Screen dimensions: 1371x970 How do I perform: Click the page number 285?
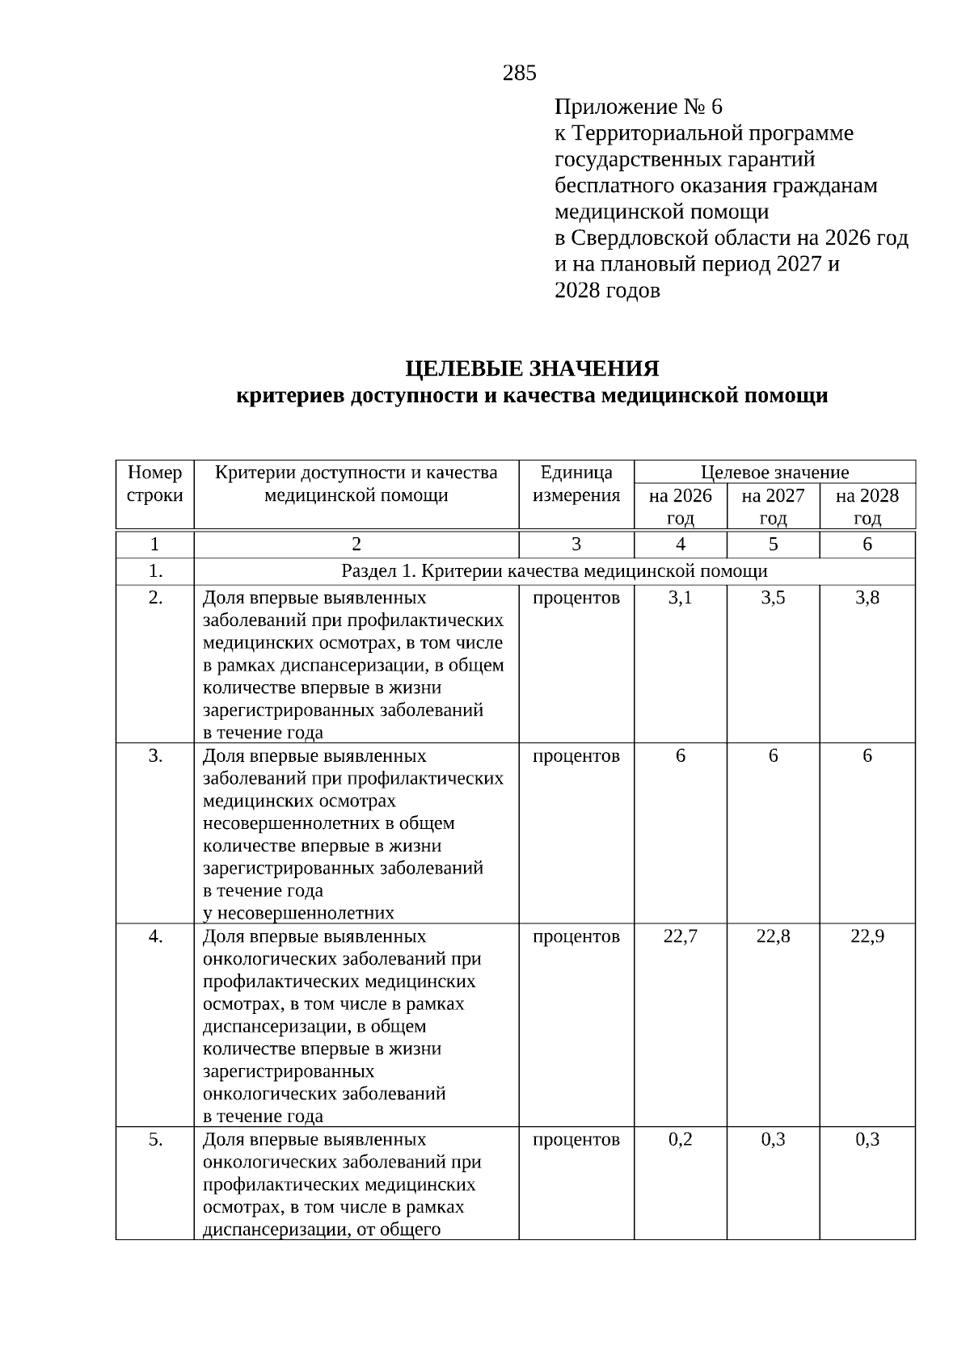pos(519,74)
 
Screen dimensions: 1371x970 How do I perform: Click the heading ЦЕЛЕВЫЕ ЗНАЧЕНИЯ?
pos(532,369)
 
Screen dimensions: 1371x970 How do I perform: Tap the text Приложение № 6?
pos(638,107)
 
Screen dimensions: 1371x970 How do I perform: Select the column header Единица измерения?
pos(576,484)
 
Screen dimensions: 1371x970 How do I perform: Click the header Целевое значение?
pos(774,473)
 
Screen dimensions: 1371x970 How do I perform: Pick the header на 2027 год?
pos(773,507)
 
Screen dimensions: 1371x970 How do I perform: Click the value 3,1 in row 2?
pos(680,599)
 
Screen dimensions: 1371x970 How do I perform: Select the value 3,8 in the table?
pos(867,599)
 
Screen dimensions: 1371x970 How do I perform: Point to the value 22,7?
pos(680,936)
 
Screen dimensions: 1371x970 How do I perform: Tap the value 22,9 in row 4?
pos(867,936)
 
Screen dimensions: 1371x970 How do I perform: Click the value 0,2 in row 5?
pos(680,1139)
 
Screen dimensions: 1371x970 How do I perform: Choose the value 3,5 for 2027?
pos(773,599)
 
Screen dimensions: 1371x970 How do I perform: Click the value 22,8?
pos(773,936)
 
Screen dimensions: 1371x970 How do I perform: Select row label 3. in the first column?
pos(155,756)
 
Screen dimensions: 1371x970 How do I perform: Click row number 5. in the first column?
pos(155,1139)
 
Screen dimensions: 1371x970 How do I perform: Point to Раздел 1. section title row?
pos(555,571)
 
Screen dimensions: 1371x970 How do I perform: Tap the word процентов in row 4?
pos(576,936)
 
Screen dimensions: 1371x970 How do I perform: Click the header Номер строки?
pos(155,484)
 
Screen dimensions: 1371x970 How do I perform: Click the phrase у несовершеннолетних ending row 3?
pos(298,913)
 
